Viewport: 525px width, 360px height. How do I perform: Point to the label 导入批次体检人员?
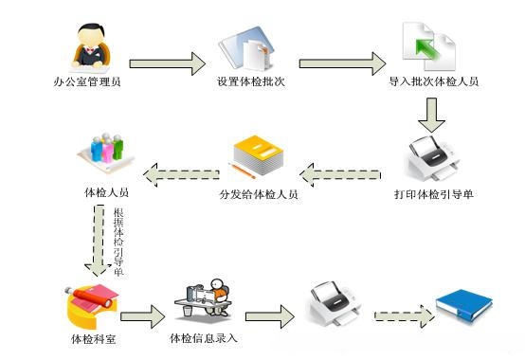click(433, 82)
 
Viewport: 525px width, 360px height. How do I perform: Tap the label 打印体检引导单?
click(433, 195)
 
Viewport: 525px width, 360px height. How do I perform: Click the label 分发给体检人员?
click(259, 195)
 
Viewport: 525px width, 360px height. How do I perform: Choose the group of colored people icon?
click(106, 153)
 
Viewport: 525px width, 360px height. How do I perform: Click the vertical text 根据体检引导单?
click(118, 241)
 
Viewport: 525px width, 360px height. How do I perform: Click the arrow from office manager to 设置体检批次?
click(167, 63)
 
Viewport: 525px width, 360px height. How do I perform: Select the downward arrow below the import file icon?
click(433, 114)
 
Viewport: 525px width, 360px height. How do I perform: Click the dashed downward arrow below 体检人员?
click(98, 242)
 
